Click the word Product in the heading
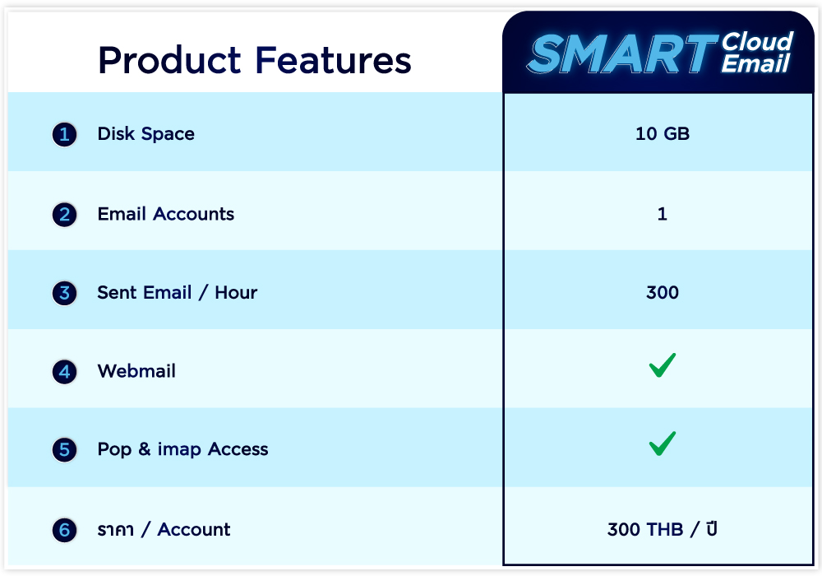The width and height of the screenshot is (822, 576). pos(169,60)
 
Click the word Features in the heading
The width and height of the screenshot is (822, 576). pos(334,60)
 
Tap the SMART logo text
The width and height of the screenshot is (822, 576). pos(621,53)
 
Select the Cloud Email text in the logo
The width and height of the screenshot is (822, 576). pos(757,53)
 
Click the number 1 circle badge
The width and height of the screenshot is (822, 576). pos(64,134)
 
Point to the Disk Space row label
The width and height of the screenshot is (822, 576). pos(145,134)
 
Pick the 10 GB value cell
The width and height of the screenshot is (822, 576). pos(662,134)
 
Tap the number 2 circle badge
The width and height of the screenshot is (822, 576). pos(64,215)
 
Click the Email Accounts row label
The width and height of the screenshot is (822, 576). pos(166,214)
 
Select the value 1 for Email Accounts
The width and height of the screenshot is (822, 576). pos(662,214)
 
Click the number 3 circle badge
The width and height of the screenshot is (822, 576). pos(64,293)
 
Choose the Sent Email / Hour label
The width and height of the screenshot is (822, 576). pos(178,293)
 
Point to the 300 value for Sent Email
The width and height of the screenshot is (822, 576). pos(662,292)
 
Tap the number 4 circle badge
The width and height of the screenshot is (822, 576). pos(64,372)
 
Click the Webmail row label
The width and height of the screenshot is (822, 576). pos(136,371)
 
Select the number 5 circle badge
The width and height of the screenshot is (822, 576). pos(64,450)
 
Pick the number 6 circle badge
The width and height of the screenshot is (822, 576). pos(64,530)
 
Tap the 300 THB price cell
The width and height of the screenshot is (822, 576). pos(662,529)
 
